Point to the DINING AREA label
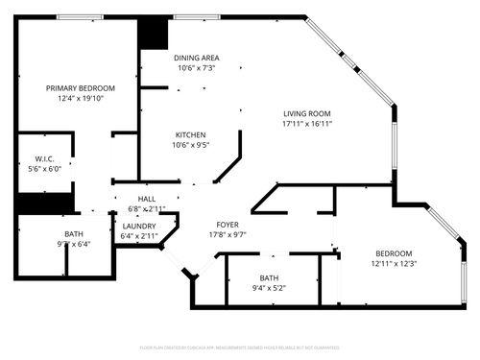click(195, 59)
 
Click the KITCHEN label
click(190, 134)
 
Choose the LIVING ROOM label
click(307, 112)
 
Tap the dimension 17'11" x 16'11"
click(307, 123)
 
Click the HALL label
click(147, 199)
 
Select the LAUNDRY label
click(139, 226)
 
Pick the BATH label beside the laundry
click(74, 234)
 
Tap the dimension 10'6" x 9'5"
click(190, 145)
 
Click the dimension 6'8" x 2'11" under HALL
click(147, 208)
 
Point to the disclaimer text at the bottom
click(240, 348)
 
